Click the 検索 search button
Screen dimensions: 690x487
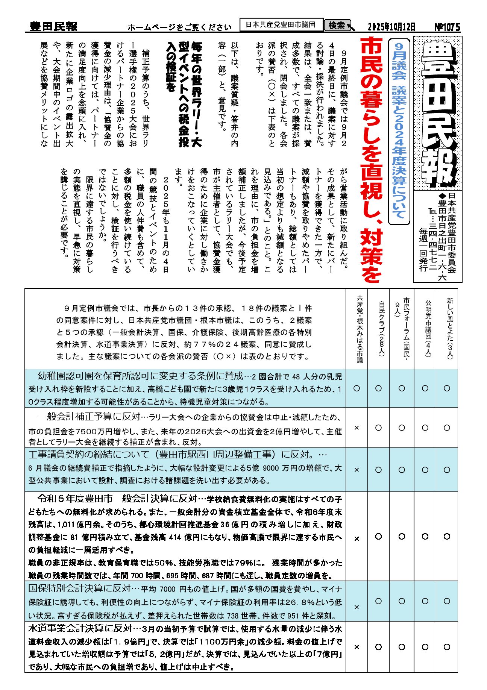coord(337,26)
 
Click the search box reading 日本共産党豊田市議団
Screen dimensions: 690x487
coord(281,25)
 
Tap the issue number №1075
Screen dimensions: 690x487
coord(447,27)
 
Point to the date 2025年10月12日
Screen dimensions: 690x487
coord(391,27)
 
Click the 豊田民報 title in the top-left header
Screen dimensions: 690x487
coord(53,27)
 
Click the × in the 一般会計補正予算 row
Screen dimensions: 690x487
coord(357,428)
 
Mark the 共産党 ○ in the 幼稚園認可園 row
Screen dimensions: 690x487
coord(357,388)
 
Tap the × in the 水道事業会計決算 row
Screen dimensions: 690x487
coord(357,647)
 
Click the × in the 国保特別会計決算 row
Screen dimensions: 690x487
coord(357,607)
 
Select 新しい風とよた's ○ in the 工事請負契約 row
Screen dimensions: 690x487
coord(447,470)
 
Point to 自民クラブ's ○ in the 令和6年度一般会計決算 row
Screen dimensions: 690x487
coord(379,537)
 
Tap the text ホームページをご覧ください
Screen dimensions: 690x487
coord(179,27)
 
